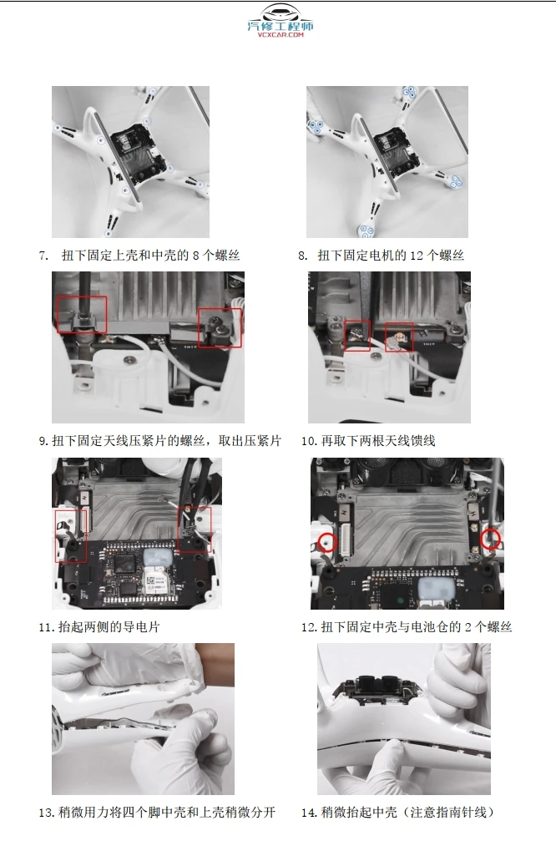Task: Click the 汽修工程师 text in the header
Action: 281,27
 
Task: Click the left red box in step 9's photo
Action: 82,314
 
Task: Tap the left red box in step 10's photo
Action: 357,335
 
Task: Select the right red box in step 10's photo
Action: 398,336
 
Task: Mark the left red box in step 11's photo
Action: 71,535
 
